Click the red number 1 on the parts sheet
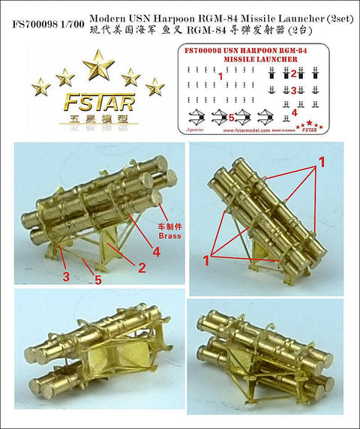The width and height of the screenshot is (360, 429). tap(220, 76)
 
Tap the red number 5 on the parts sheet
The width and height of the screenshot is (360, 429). tap(231, 117)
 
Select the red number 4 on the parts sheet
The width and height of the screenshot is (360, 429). tap(293, 112)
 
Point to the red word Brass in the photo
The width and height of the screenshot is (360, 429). tap(170, 235)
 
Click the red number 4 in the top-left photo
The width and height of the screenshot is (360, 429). tap(155, 252)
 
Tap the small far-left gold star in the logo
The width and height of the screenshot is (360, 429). tap(40, 86)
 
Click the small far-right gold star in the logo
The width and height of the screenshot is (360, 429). tap(155, 86)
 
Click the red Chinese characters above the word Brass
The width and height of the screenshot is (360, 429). tap(169, 223)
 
